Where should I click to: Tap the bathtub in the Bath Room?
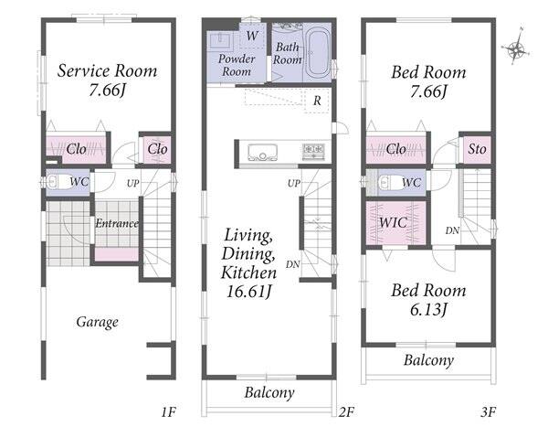(317, 54)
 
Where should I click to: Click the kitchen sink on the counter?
(262, 153)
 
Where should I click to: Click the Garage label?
(97, 322)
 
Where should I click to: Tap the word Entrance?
(117, 223)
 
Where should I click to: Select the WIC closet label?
(393, 222)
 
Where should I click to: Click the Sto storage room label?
(477, 149)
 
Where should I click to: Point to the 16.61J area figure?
(248, 291)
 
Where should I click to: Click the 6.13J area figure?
(428, 309)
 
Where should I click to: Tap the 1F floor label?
(168, 412)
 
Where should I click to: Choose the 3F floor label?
(489, 412)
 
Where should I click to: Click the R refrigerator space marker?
(317, 101)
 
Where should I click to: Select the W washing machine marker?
(252, 36)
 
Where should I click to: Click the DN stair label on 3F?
(452, 230)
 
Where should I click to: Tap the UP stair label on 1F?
(132, 183)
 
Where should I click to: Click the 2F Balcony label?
(269, 392)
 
